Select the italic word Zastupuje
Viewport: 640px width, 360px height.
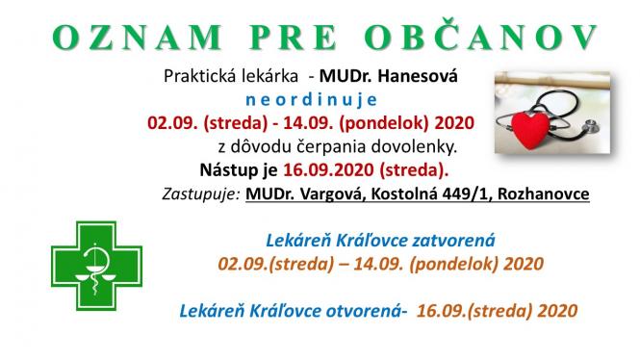[x=200, y=194]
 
